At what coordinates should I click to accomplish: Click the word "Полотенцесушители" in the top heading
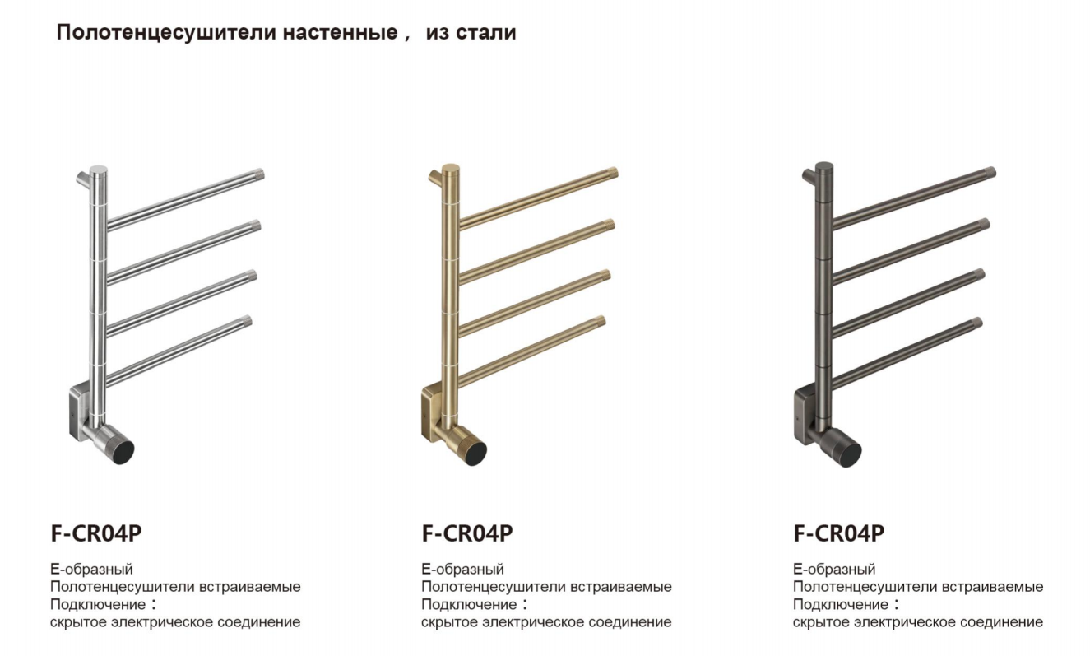[166, 33]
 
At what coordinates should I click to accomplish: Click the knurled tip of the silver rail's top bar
[258, 174]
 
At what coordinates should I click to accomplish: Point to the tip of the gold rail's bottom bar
[600, 322]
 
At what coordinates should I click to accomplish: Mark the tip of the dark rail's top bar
[990, 173]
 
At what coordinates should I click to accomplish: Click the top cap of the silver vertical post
[99, 169]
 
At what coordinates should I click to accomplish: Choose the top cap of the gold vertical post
[450, 168]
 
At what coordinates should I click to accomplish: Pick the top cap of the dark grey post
[823, 166]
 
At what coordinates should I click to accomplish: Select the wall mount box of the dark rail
[804, 415]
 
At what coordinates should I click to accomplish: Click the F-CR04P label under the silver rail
[96, 533]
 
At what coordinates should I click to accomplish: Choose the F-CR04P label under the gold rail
[467, 533]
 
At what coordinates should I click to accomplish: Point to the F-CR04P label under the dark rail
[838, 533]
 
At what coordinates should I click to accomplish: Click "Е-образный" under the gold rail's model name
[462, 569]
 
